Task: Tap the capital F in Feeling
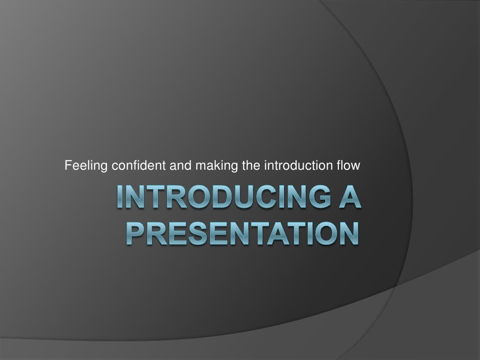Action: coord(67,165)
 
